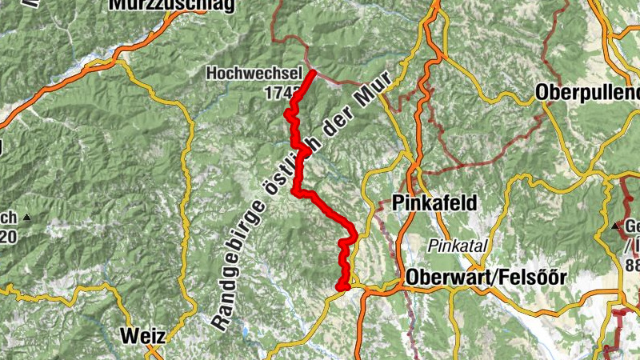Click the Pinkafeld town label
click(x=435, y=203)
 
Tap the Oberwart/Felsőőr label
click(x=486, y=278)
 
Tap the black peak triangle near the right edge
click(x=616, y=227)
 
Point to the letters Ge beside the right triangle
click(x=631, y=226)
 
